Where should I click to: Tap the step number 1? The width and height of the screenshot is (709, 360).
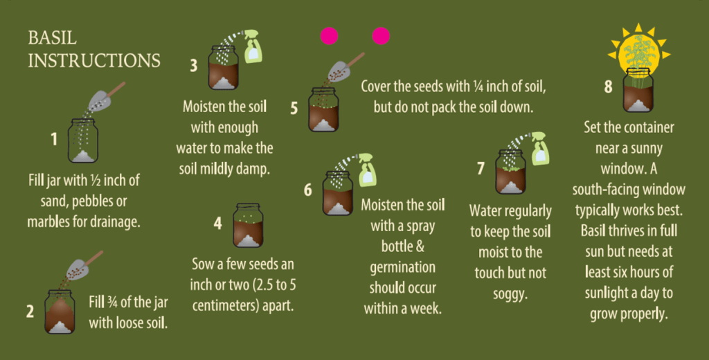point(53,140)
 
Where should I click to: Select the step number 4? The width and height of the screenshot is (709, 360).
point(217,224)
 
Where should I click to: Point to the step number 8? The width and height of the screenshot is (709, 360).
point(608,87)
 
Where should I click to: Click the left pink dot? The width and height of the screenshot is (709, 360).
point(329,36)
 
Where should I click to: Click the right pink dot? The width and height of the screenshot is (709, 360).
point(381,36)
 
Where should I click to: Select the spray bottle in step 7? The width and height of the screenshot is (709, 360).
point(540,147)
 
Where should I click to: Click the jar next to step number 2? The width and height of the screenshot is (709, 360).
point(60,312)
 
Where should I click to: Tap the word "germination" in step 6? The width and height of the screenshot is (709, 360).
point(402,267)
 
